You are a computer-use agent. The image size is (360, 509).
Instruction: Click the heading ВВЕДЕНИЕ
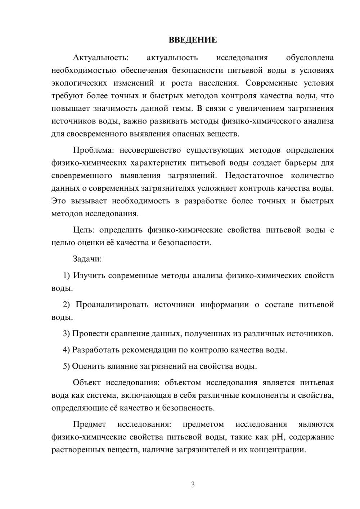[x=193, y=40]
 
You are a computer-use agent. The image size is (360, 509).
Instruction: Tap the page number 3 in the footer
[x=193, y=485]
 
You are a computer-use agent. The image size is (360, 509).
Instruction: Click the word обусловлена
[x=310, y=58]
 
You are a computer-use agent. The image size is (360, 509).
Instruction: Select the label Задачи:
[x=87, y=259]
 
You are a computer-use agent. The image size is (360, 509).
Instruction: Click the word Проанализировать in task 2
[x=112, y=305]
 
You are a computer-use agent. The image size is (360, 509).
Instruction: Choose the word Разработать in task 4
[x=96, y=350]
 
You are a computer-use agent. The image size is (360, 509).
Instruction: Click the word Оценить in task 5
[x=88, y=366]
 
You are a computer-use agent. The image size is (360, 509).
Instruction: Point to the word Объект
[x=87, y=383]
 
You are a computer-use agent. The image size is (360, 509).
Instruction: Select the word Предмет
[x=89, y=424]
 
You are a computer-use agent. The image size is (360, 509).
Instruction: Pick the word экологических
[x=79, y=83]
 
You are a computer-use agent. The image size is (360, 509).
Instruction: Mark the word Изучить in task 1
[x=89, y=276]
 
